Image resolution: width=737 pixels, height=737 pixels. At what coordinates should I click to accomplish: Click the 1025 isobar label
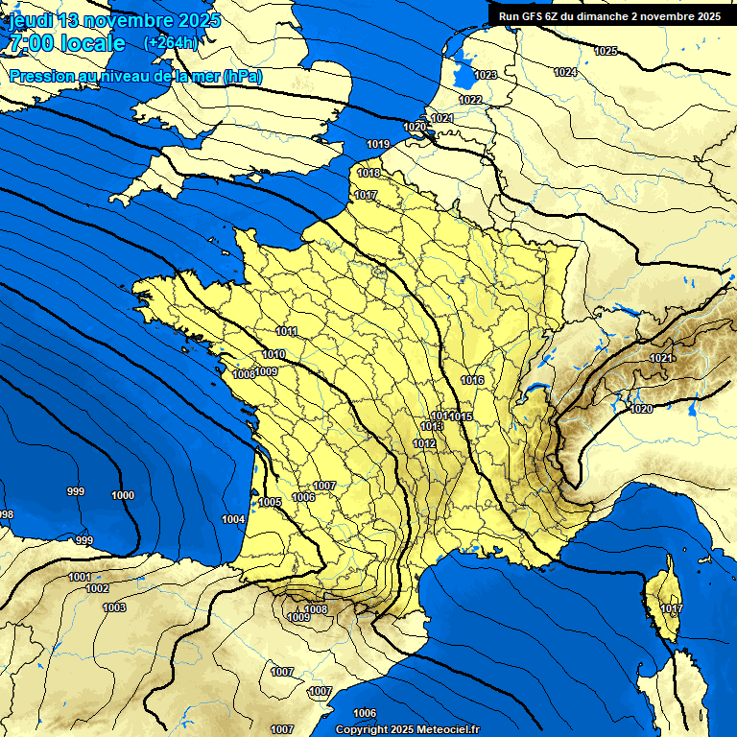(606, 51)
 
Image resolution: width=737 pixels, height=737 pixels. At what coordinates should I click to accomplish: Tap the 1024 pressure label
(565, 72)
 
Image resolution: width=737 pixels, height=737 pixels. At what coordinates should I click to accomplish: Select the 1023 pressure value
(486, 75)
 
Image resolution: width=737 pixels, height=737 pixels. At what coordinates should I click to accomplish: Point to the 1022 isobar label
(470, 100)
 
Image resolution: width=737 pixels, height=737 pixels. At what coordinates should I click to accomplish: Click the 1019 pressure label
(378, 144)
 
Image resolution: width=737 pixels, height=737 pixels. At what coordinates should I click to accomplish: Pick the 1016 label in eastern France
(472, 381)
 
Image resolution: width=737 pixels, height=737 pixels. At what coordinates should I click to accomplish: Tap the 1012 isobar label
(425, 443)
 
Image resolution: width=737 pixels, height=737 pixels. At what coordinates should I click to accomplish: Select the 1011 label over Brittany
(286, 331)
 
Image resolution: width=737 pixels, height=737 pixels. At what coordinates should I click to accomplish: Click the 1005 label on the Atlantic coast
(270, 502)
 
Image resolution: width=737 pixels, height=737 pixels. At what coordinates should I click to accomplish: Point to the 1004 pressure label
(233, 519)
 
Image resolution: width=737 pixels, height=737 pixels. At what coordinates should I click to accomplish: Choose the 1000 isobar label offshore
(123, 495)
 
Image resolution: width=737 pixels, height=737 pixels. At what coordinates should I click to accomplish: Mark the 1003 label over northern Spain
(114, 607)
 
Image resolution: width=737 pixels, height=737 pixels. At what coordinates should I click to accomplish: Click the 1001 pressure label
(81, 577)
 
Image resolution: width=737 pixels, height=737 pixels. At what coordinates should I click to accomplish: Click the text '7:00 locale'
(66, 43)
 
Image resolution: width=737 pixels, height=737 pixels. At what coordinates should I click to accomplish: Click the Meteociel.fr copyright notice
(409, 729)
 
